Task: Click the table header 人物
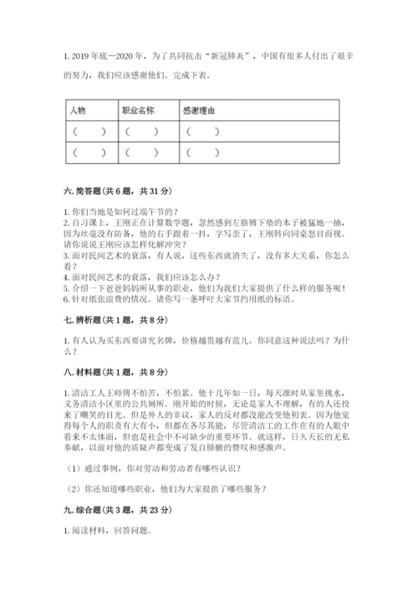pos(78,110)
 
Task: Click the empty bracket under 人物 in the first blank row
pos(89,131)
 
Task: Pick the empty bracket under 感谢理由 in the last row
pos(204,152)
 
